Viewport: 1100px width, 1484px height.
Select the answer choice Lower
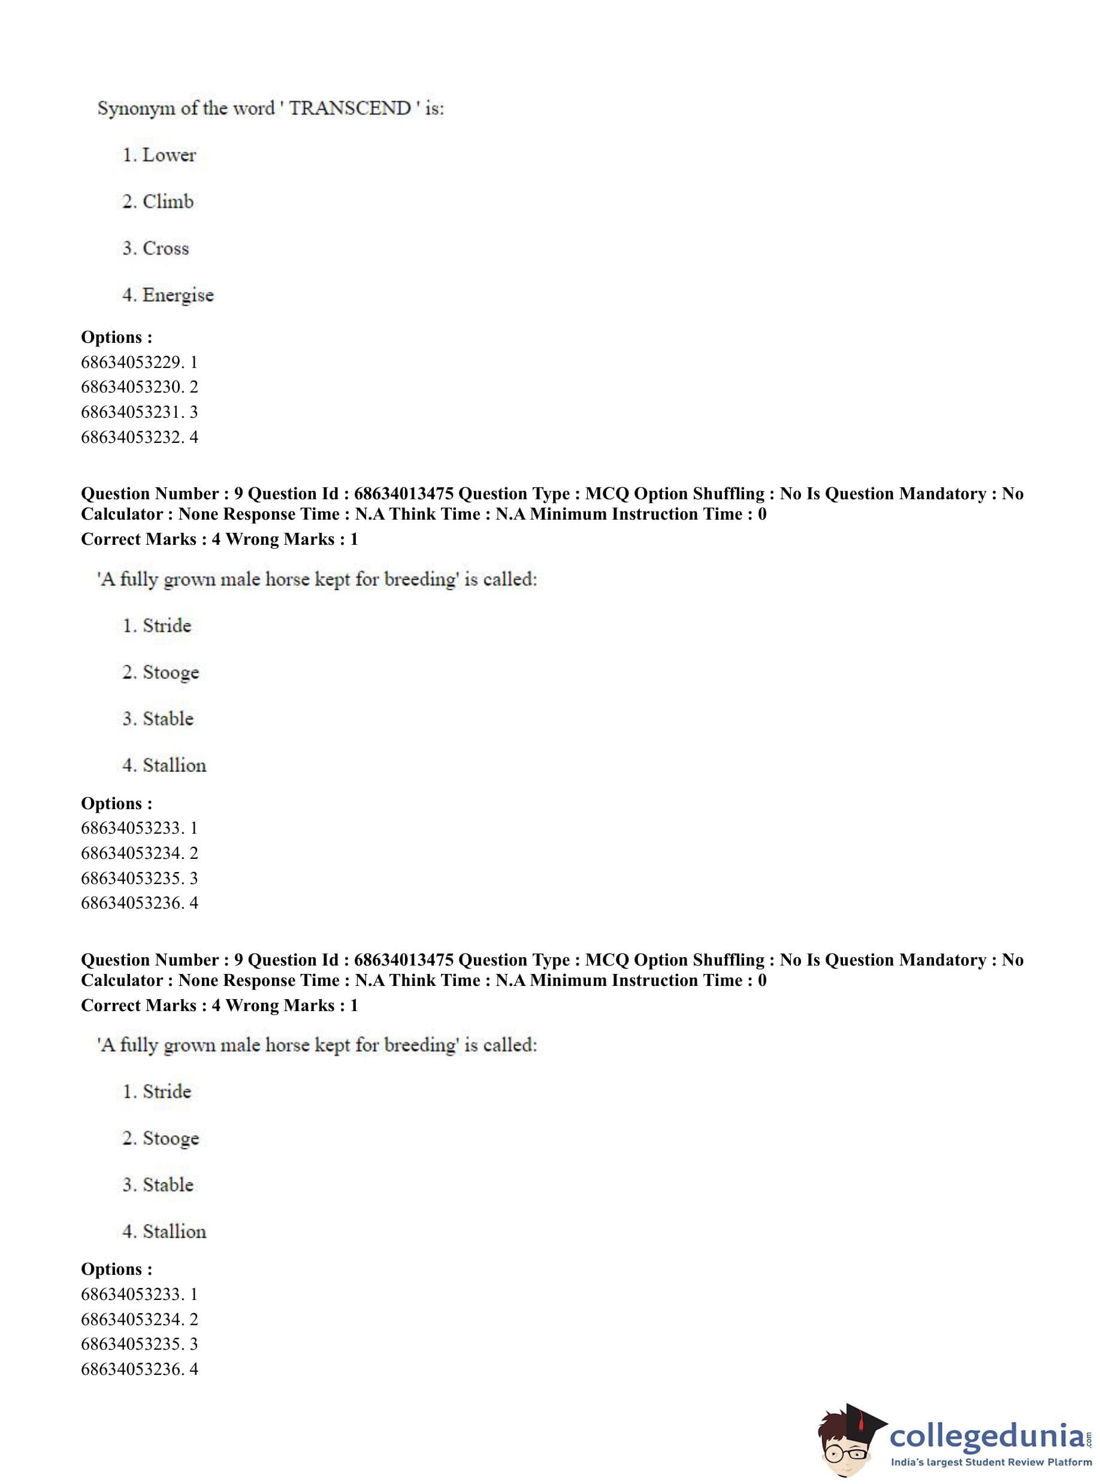click(169, 155)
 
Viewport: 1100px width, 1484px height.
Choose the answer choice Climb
click(168, 202)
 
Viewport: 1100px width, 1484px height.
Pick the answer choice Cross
click(166, 249)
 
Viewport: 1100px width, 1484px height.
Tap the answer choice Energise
click(178, 295)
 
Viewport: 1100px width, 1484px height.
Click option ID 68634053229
click(132, 363)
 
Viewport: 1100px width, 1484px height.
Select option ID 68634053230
click(132, 387)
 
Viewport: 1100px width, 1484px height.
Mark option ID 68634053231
click(132, 412)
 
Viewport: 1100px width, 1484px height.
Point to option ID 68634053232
click(132, 437)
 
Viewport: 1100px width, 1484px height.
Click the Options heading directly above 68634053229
click(116, 337)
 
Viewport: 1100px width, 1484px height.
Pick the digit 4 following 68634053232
click(194, 437)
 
